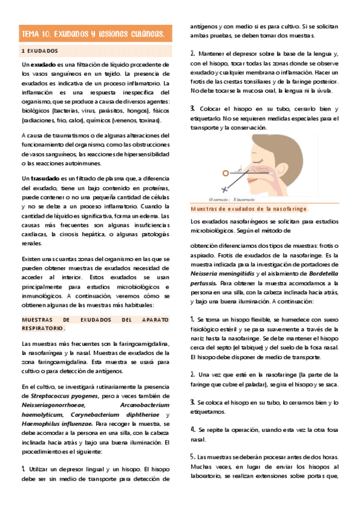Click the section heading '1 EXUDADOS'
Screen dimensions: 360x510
click(39, 51)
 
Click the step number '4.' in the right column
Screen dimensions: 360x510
click(192, 429)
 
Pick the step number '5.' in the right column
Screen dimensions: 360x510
click(192, 456)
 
